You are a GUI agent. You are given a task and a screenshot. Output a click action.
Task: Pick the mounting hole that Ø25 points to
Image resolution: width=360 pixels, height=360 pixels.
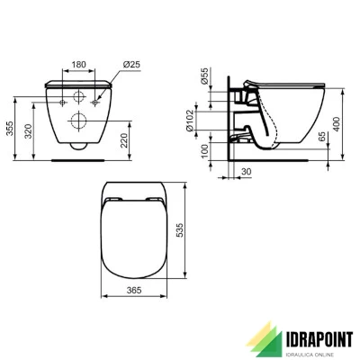[100, 97]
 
